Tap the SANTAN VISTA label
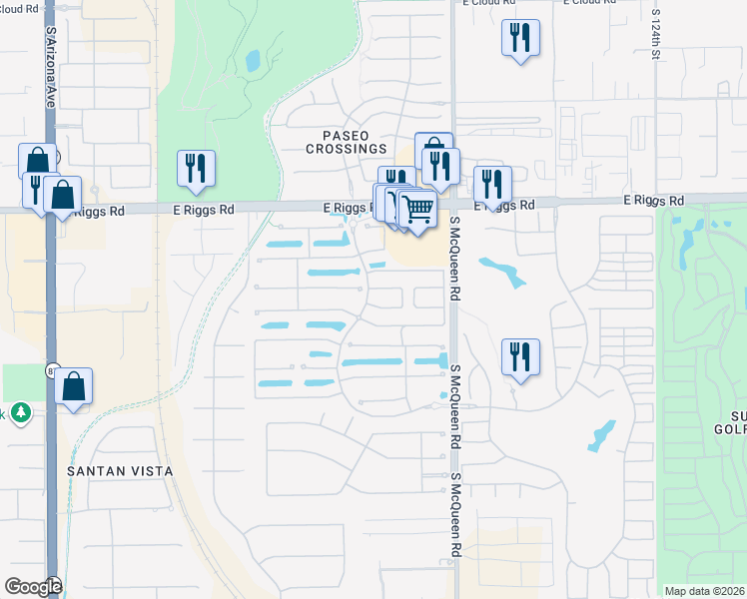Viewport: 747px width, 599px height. [120, 470]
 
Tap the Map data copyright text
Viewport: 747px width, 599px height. [705, 591]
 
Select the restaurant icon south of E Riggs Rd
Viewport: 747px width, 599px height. [520, 356]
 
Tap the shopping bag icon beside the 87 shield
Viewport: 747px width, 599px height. [74, 385]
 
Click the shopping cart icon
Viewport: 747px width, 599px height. [417, 209]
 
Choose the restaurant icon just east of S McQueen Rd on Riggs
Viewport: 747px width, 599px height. [491, 184]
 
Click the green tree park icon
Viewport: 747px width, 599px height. [20, 413]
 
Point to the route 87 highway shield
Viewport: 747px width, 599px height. [50, 370]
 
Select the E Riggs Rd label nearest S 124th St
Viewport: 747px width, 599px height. [653, 201]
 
